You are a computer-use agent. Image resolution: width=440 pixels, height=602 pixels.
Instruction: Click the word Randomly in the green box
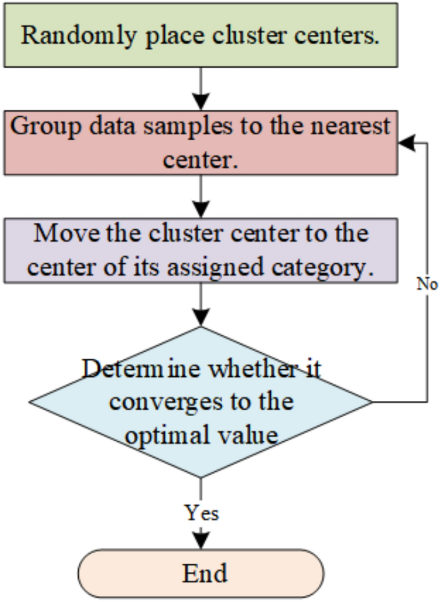pyautogui.click(x=78, y=36)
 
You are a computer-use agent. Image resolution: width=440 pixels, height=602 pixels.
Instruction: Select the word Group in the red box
pyautogui.click(x=46, y=127)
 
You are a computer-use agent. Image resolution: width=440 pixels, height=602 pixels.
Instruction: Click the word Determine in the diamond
pyautogui.click(x=141, y=369)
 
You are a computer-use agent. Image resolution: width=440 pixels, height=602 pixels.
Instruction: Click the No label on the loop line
pyautogui.click(x=427, y=284)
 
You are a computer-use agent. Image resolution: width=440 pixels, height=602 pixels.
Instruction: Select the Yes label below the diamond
pyautogui.click(x=202, y=513)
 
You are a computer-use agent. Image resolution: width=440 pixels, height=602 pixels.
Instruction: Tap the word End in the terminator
pyautogui.click(x=205, y=573)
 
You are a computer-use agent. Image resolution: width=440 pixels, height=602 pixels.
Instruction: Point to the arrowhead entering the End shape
pyautogui.click(x=201, y=540)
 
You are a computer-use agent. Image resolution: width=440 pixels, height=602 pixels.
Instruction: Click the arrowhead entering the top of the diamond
pyautogui.click(x=201, y=317)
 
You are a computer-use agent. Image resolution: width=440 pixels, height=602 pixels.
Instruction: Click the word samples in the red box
pyautogui.click(x=188, y=127)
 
